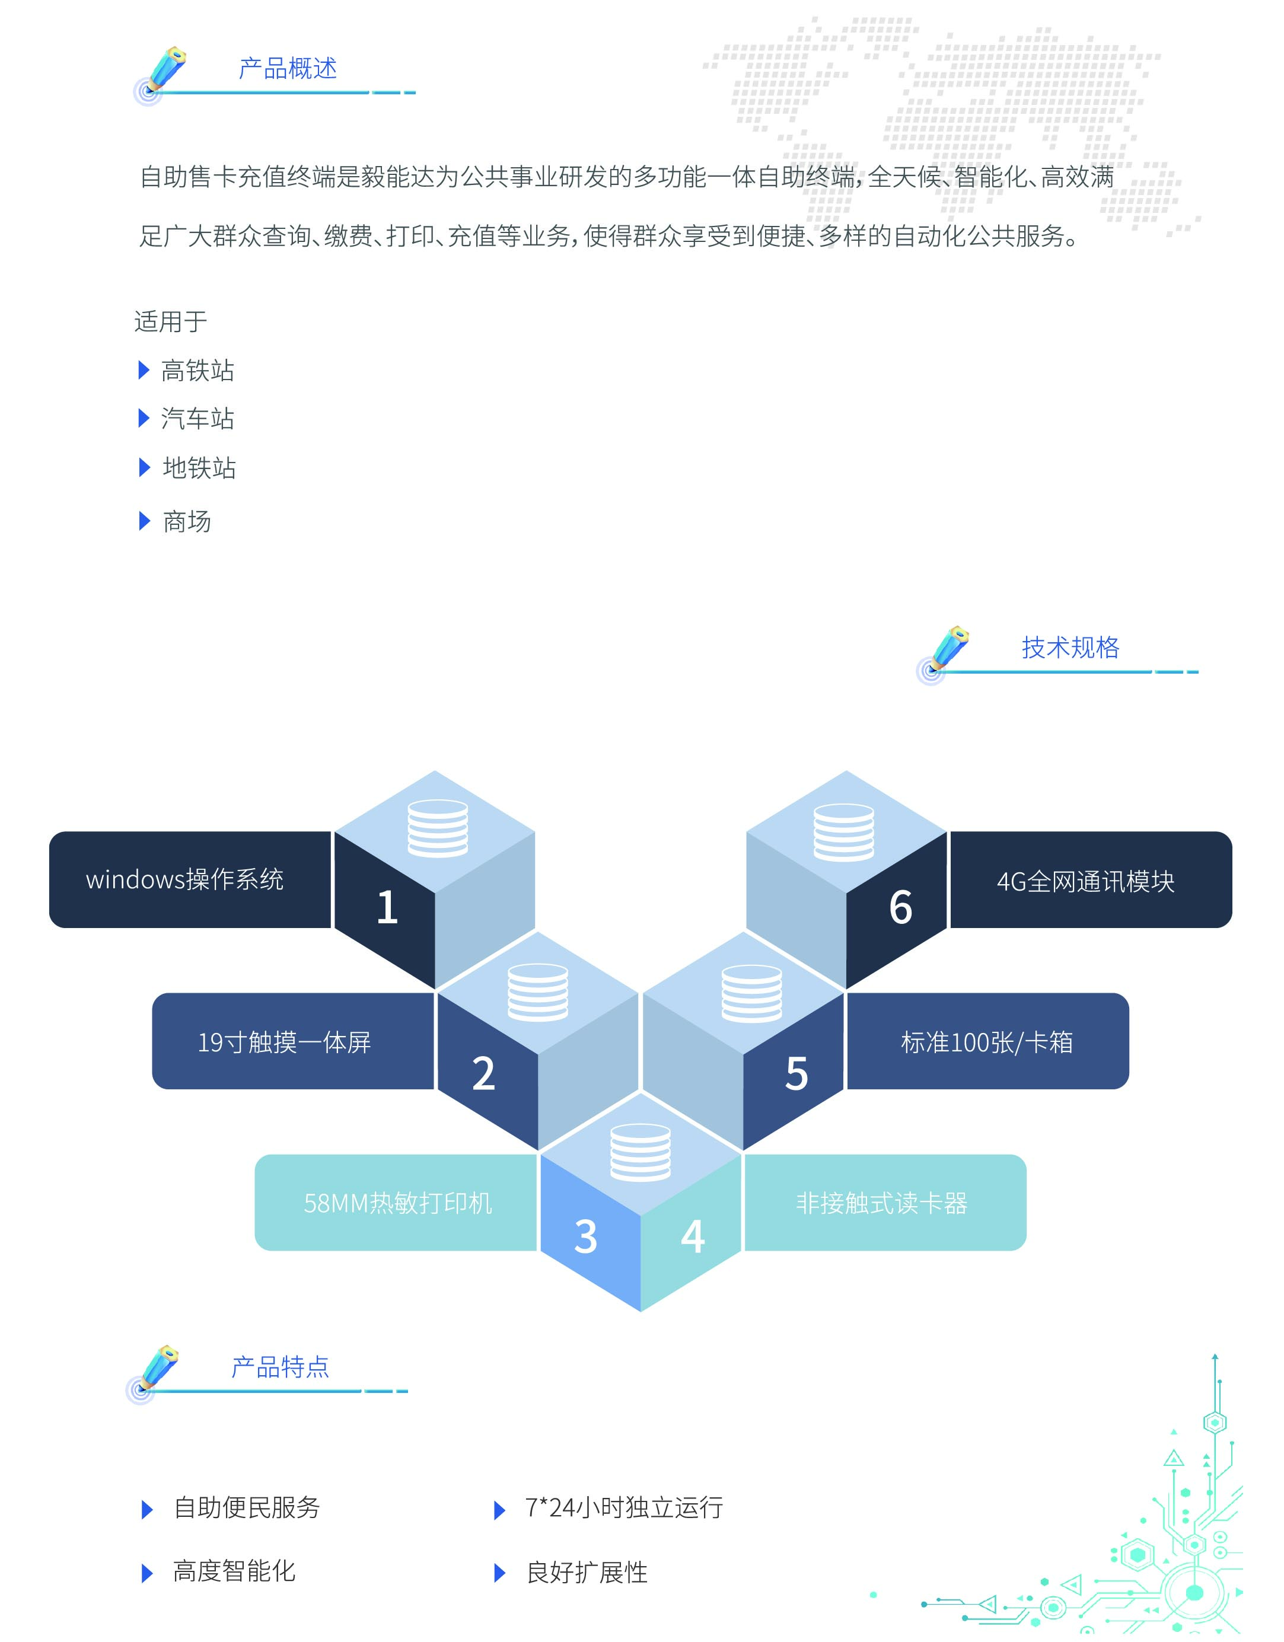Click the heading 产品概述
[x=287, y=68]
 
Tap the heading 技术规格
[x=1070, y=648]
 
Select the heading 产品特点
[x=280, y=1367]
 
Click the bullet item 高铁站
[x=197, y=371]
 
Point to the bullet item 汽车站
[x=197, y=419]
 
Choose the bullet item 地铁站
[x=199, y=468]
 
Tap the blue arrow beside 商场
[x=145, y=521]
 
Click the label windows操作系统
[x=185, y=879]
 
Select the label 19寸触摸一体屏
[x=284, y=1042]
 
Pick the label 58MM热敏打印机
[x=398, y=1203]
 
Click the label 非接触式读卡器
[x=881, y=1203]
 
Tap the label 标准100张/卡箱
[x=986, y=1042]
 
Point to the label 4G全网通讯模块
[x=1085, y=881]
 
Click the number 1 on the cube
[x=387, y=907]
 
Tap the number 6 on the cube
[x=901, y=907]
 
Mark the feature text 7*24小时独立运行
[x=623, y=1507]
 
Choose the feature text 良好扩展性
[x=587, y=1572]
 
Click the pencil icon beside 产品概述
[x=165, y=71]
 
